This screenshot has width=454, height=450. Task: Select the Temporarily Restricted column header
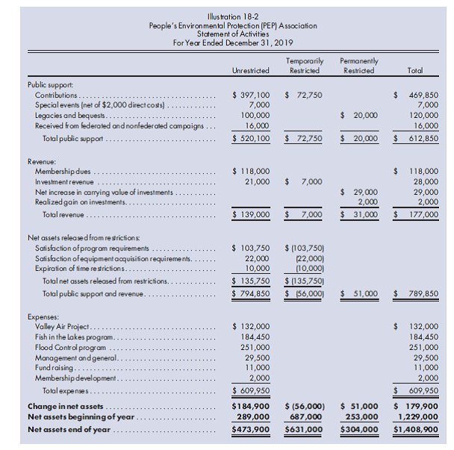[x=304, y=66]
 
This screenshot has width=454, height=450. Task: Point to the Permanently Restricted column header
[x=358, y=66]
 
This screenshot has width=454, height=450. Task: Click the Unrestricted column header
[x=251, y=71]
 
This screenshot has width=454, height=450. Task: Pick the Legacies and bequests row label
[x=69, y=116]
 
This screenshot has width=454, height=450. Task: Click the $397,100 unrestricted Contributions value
[x=252, y=96]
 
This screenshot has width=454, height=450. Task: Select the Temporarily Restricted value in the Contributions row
[x=304, y=96]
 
